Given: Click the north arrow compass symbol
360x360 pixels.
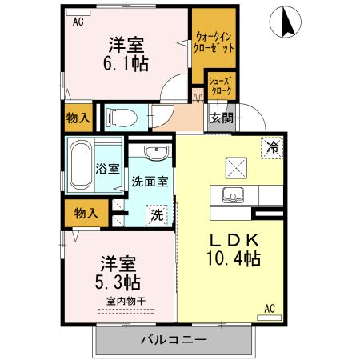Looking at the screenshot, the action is click(285, 22).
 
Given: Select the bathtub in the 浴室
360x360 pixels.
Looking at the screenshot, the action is click(80, 165).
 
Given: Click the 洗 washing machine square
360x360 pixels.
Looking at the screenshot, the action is click(157, 215).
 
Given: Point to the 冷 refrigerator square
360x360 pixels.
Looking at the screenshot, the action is click(272, 148).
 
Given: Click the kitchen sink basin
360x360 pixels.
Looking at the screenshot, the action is click(233, 195).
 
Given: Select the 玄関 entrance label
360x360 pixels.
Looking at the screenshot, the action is click(222, 118).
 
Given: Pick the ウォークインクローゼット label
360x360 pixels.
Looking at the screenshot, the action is click(214, 42).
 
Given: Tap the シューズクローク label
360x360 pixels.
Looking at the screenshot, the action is click(220, 86).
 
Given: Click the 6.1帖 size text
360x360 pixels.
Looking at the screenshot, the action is click(126, 64).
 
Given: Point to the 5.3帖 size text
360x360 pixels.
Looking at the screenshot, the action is click(118, 283).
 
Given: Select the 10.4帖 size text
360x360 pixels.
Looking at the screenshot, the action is click(234, 259).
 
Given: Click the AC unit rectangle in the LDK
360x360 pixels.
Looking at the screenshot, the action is click(269, 318).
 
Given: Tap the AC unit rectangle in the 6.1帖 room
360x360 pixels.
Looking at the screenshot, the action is click(78, 13).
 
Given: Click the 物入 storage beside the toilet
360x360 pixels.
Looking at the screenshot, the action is click(78, 118).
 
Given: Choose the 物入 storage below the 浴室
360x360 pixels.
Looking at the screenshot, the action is click(86, 213).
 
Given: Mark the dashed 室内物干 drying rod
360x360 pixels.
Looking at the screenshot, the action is click(126, 311).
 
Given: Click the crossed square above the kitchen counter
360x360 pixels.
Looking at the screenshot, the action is click(236, 168).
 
